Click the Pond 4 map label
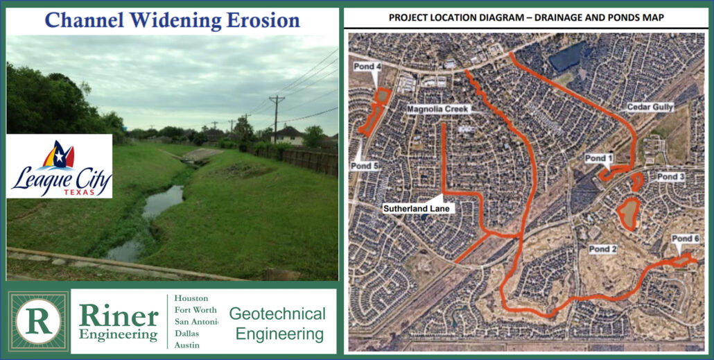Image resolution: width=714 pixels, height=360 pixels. tap(367, 67)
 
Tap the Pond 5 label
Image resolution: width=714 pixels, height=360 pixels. tap(365, 166)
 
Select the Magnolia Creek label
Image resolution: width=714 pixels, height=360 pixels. tap(437, 110)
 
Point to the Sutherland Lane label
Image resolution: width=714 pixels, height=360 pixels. tap(416, 209)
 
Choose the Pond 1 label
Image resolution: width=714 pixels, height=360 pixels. tap(599, 159)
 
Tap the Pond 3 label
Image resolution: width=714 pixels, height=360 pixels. tap(671, 177)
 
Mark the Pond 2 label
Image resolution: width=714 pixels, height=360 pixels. tap(603, 249)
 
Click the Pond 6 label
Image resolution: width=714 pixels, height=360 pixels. tap(686, 239)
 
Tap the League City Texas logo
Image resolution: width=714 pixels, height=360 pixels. tap(60, 166)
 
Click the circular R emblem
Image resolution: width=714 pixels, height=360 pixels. tap(39, 322)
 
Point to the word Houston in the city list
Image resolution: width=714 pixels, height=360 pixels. tap(191, 298)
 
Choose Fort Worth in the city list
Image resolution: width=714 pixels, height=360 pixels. tap(195, 310)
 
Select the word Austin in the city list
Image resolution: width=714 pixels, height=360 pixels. tap(187, 345)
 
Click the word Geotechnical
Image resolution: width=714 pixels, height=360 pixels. tap(277, 314)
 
